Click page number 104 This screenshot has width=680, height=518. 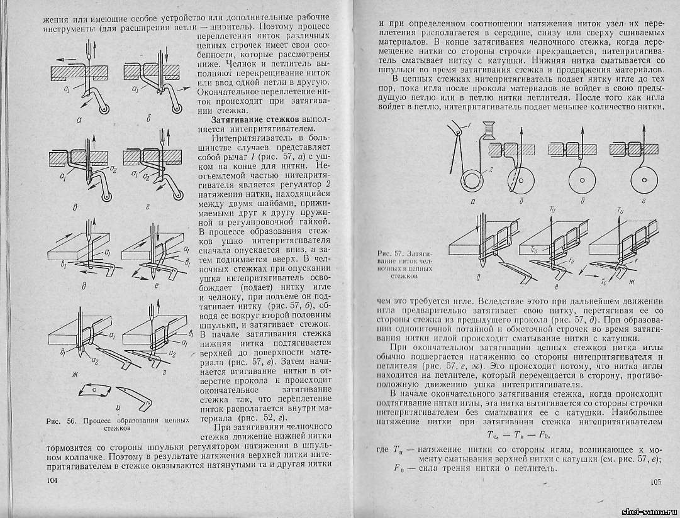[52, 480]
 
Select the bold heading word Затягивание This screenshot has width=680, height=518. [237, 119]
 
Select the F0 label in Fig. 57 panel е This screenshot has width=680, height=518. [554, 259]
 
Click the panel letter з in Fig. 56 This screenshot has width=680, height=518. [163, 373]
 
